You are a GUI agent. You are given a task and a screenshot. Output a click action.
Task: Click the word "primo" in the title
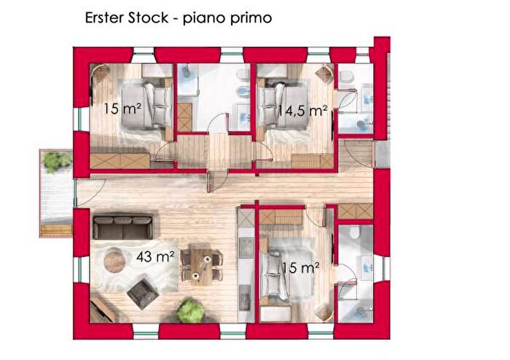click(x=249, y=17)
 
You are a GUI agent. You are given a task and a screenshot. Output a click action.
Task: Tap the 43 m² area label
click(x=154, y=257)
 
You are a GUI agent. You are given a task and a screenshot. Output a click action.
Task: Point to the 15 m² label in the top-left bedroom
click(x=122, y=109)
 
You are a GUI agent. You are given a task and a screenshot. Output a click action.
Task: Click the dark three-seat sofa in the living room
click(x=122, y=227)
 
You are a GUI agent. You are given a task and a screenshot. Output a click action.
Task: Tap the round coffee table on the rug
click(x=115, y=259)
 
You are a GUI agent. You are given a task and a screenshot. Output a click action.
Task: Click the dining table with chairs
click(x=202, y=265)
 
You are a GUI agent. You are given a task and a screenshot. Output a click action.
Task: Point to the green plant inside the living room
click(x=189, y=311)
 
